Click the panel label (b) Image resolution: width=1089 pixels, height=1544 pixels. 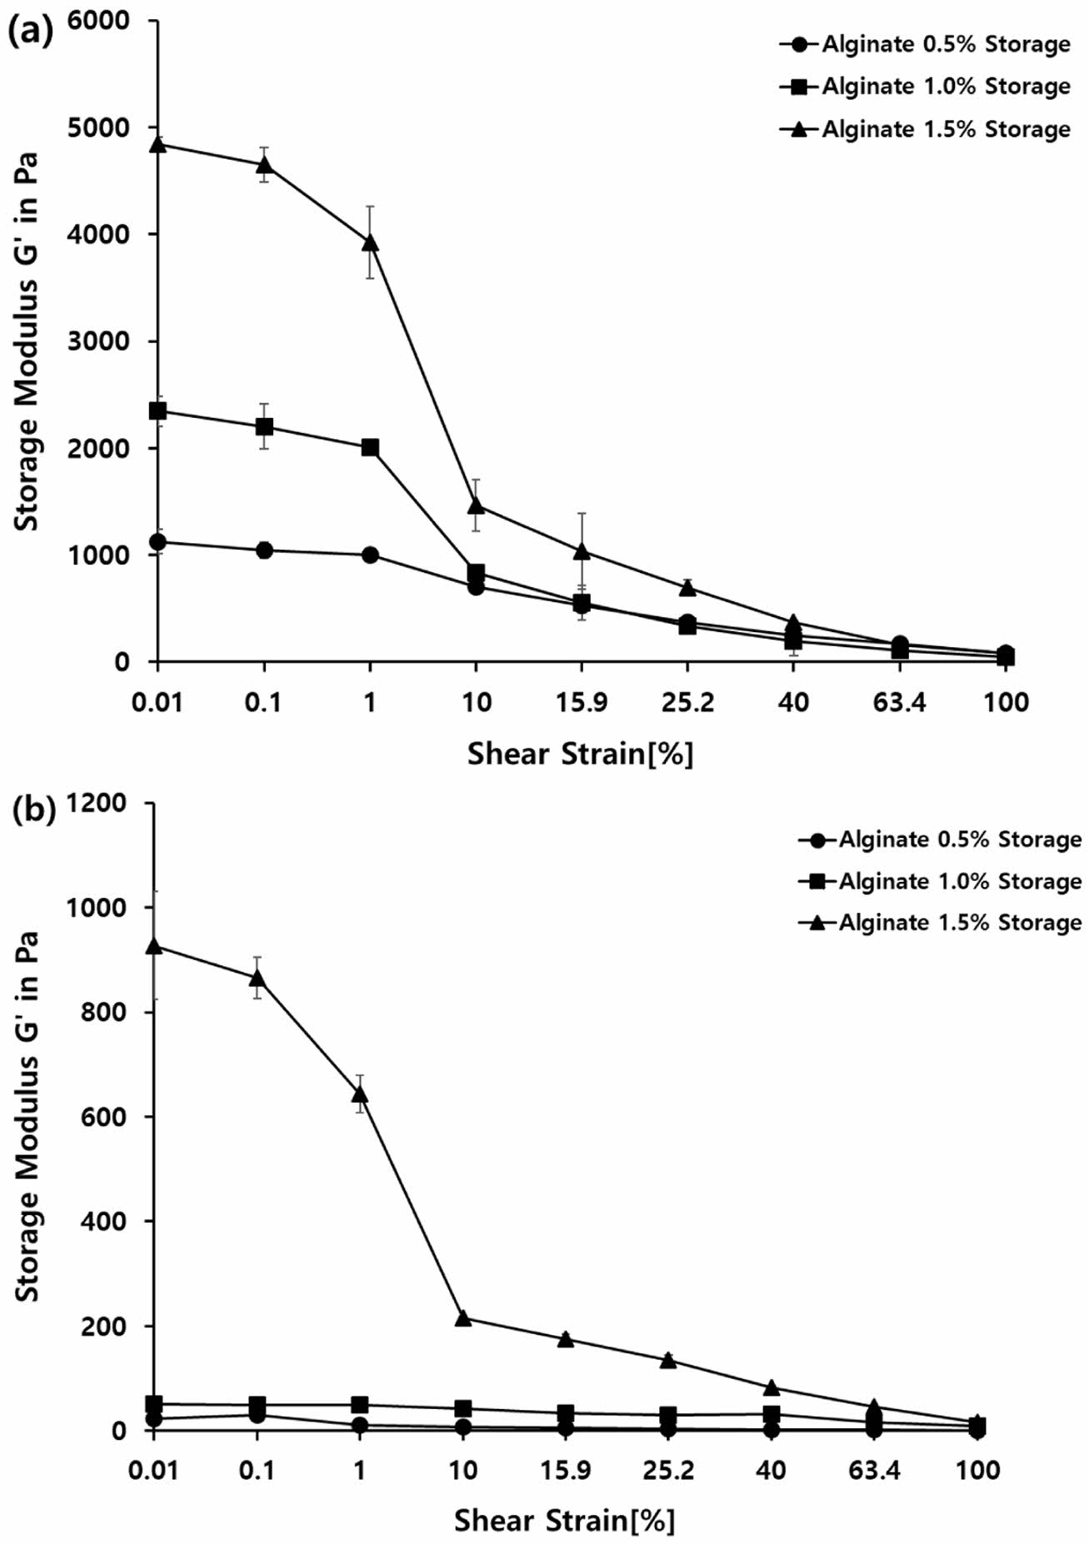(x=30, y=810)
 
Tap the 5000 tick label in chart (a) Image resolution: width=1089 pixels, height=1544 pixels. (x=100, y=127)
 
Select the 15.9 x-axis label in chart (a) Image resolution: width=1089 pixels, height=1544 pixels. (x=581, y=702)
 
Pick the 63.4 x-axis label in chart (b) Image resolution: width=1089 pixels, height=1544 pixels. (x=874, y=1470)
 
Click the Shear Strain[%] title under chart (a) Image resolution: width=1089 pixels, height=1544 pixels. (x=580, y=754)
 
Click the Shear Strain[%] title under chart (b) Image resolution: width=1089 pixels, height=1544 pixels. (x=564, y=1521)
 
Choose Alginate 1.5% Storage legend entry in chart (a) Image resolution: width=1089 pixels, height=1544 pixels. (x=926, y=129)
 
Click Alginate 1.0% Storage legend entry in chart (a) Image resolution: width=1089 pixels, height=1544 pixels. (x=926, y=86)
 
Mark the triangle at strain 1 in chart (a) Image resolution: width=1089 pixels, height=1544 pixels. (x=370, y=242)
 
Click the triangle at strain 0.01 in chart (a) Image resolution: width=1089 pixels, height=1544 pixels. (x=157, y=144)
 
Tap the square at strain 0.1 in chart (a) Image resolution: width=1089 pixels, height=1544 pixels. (x=264, y=426)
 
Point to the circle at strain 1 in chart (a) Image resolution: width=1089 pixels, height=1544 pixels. (x=370, y=555)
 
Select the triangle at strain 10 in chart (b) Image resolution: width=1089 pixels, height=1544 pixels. (x=463, y=1318)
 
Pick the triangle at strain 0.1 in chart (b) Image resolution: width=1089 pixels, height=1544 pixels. (x=257, y=978)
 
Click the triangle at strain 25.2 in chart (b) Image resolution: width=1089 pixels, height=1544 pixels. (x=668, y=1360)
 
